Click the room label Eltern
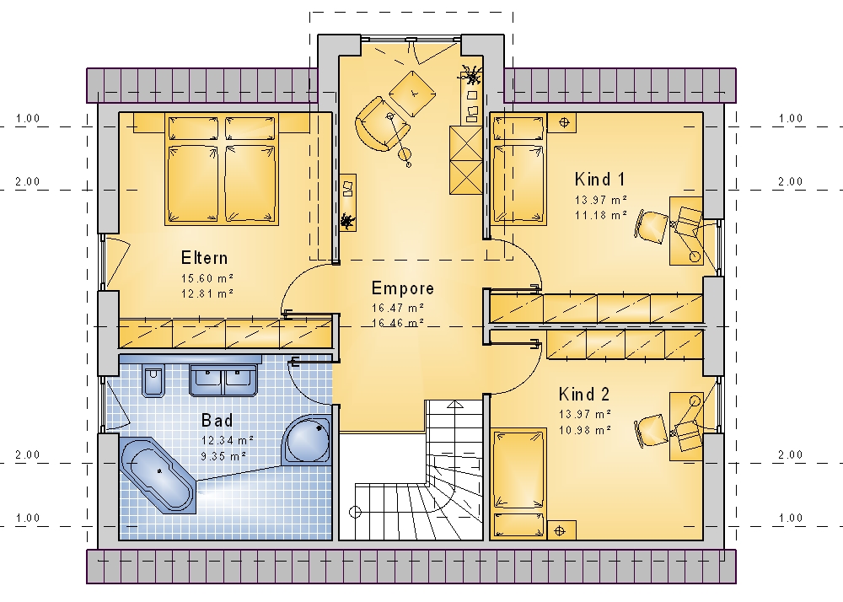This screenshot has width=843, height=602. click(204, 258)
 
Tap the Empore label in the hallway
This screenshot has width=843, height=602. click(403, 288)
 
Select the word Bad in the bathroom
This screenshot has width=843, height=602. click(217, 421)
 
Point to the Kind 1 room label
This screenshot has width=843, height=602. click(599, 179)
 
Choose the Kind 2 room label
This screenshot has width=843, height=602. click(584, 394)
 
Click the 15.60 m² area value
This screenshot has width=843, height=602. click(207, 278)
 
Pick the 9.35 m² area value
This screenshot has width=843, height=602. click(223, 456)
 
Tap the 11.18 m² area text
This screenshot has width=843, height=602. click(601, 215)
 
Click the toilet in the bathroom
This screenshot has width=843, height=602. click(153, 381)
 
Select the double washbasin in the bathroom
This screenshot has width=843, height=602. click(223, 380)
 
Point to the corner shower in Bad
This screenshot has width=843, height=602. click(307, 439)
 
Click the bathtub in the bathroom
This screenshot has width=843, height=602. click(158, 472)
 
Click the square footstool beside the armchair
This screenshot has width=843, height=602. click(412, 94)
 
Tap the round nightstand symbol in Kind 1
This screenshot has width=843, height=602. click(563, 122)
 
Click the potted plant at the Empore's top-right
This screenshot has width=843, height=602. click(471, 77)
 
